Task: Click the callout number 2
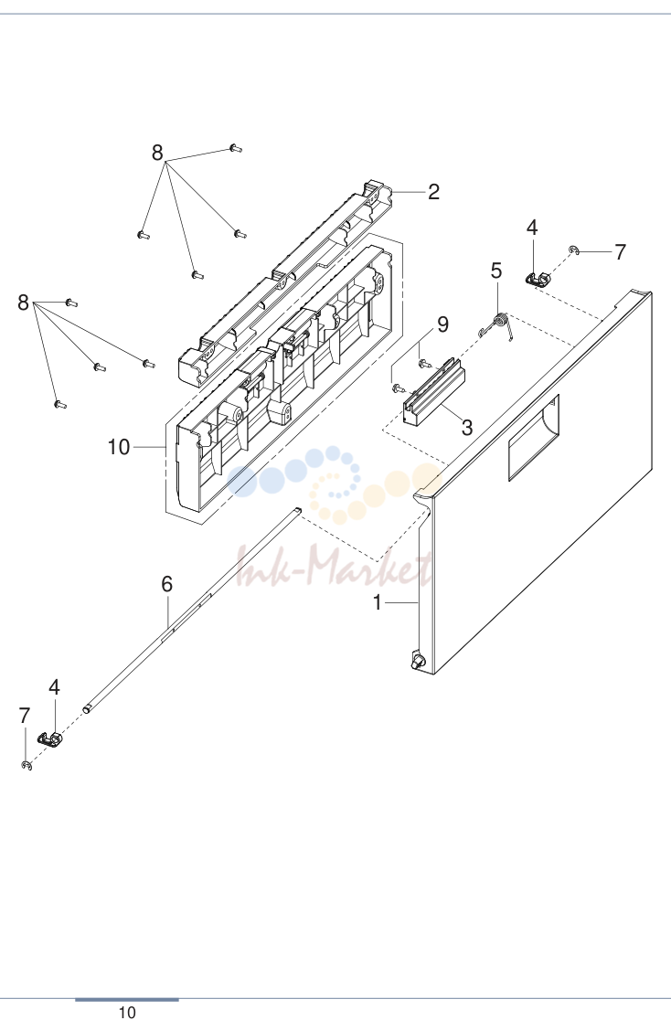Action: click(433, 192)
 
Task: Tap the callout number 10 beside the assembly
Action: click(119, 447)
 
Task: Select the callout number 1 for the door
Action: click(377, 601)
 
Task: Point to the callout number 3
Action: click(467, 428)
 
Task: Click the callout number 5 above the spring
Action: click(496, 271)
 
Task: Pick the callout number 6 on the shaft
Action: click(167, 584)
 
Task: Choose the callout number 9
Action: click(442, 324)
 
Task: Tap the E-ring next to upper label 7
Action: click(574, 250)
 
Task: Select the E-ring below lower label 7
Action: click(27, 765)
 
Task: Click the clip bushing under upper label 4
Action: click(538, 279)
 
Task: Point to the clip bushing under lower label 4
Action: click(50, 739)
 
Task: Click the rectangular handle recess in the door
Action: click(534, 437)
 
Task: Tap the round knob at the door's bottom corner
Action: click(417, 660)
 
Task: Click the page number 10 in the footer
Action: click(127, 1013)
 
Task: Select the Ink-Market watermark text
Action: click(334, 566)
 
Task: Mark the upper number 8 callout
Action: click(157, 153)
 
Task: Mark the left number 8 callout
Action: click(23, 303)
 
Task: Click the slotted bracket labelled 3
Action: click(433, 392)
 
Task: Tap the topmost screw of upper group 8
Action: click(236, 149)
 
